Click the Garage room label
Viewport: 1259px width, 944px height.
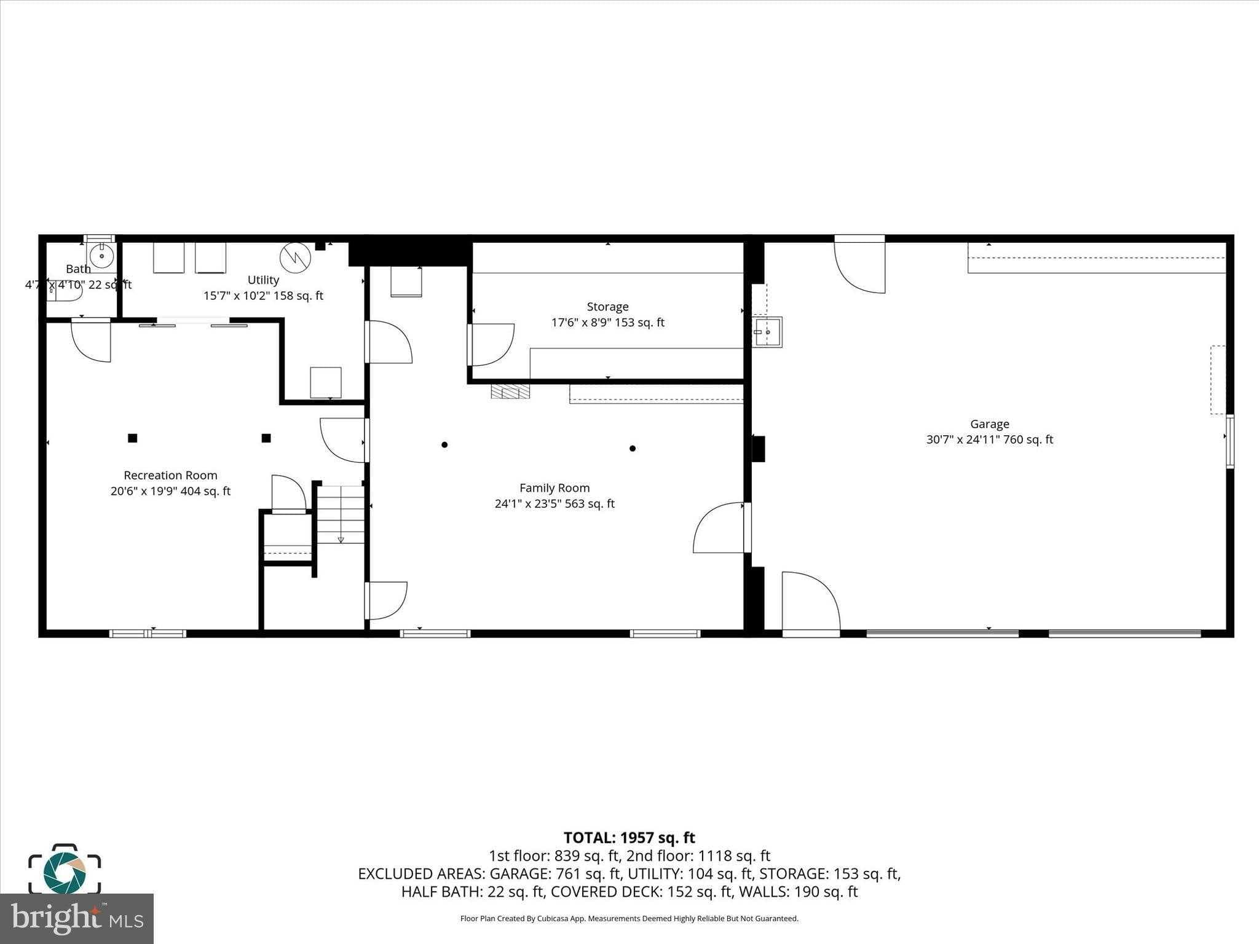989,424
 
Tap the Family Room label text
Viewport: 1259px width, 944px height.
554,488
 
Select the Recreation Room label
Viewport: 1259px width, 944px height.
170,475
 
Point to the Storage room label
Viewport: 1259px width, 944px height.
607,307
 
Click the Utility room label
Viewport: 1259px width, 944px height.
263,280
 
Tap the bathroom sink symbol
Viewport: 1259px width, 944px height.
101,254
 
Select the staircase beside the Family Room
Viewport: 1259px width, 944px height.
341,514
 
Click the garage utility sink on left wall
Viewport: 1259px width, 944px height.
767,332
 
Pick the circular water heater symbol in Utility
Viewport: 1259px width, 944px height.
295,258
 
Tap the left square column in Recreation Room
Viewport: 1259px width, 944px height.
132,438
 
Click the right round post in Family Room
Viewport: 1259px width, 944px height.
632,448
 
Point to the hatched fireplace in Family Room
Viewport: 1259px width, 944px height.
510,391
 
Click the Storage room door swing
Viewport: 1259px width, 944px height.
492,344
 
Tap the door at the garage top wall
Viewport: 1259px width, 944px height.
859,264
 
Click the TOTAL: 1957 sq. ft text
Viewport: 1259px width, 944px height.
629,838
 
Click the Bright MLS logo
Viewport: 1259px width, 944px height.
77,918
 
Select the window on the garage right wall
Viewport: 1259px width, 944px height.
1229,441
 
